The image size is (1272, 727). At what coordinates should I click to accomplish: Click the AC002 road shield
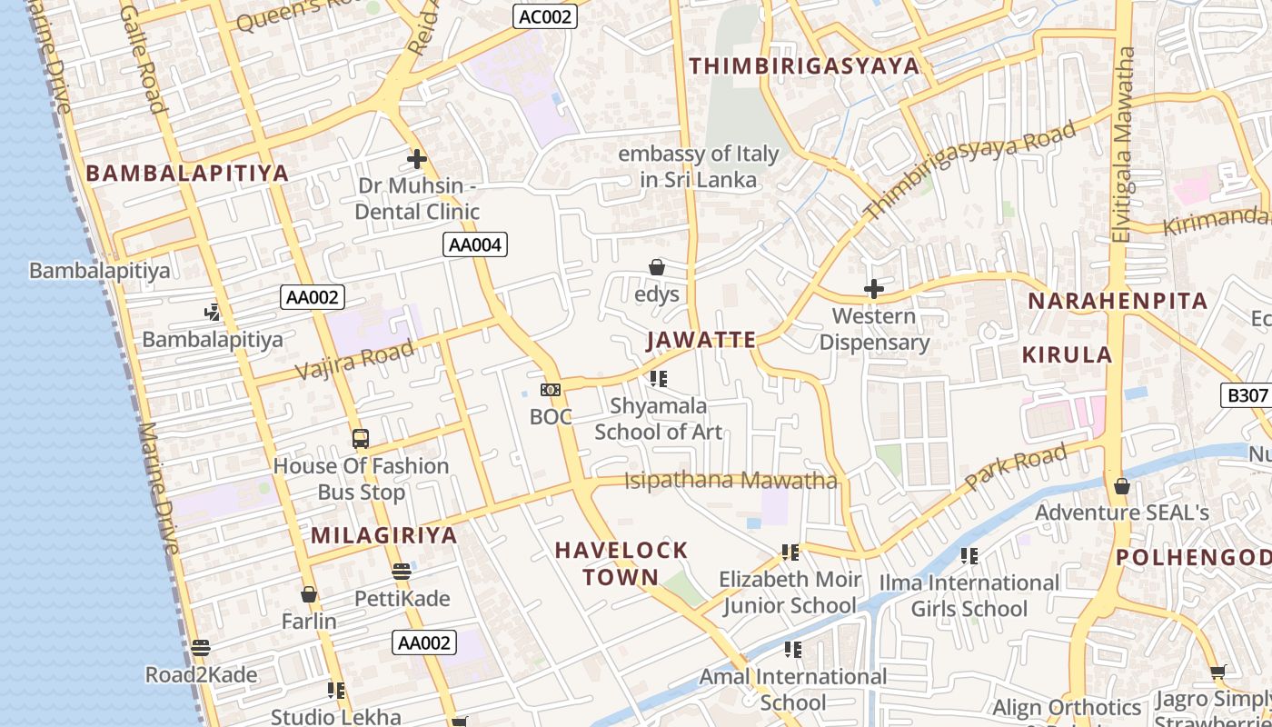pos(545,16)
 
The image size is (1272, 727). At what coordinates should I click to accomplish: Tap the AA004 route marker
pos(474,244)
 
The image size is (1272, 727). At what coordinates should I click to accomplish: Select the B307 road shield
pos(1247,395)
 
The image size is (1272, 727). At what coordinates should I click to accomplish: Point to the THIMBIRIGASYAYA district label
pos(804,66)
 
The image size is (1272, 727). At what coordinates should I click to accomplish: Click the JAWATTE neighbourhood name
pos(701,340)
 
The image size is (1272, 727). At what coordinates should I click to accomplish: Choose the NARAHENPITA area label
pos(1117,301)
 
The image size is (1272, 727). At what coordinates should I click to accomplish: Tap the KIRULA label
pos(1067,354)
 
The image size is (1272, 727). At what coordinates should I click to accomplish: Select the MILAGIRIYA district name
pos(384,535)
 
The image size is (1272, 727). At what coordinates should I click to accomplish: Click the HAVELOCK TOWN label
pos(621,563)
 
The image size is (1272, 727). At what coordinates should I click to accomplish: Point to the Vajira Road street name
pos(355,361)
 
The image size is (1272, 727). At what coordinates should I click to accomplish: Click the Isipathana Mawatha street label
pos(730,480)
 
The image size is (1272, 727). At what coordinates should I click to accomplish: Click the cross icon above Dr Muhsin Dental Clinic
pos(416,159)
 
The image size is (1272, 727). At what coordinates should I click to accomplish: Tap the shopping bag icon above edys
pos(656,267)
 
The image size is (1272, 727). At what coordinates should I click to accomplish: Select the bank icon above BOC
pos(551,390)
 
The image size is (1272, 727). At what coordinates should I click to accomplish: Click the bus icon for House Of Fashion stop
pos(361,439)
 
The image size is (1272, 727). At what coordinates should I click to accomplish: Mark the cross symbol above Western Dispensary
pos(873,289)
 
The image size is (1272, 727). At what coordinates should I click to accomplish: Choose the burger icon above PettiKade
pos(402,572)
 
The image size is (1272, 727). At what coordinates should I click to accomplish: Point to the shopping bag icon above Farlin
pos(309,594)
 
